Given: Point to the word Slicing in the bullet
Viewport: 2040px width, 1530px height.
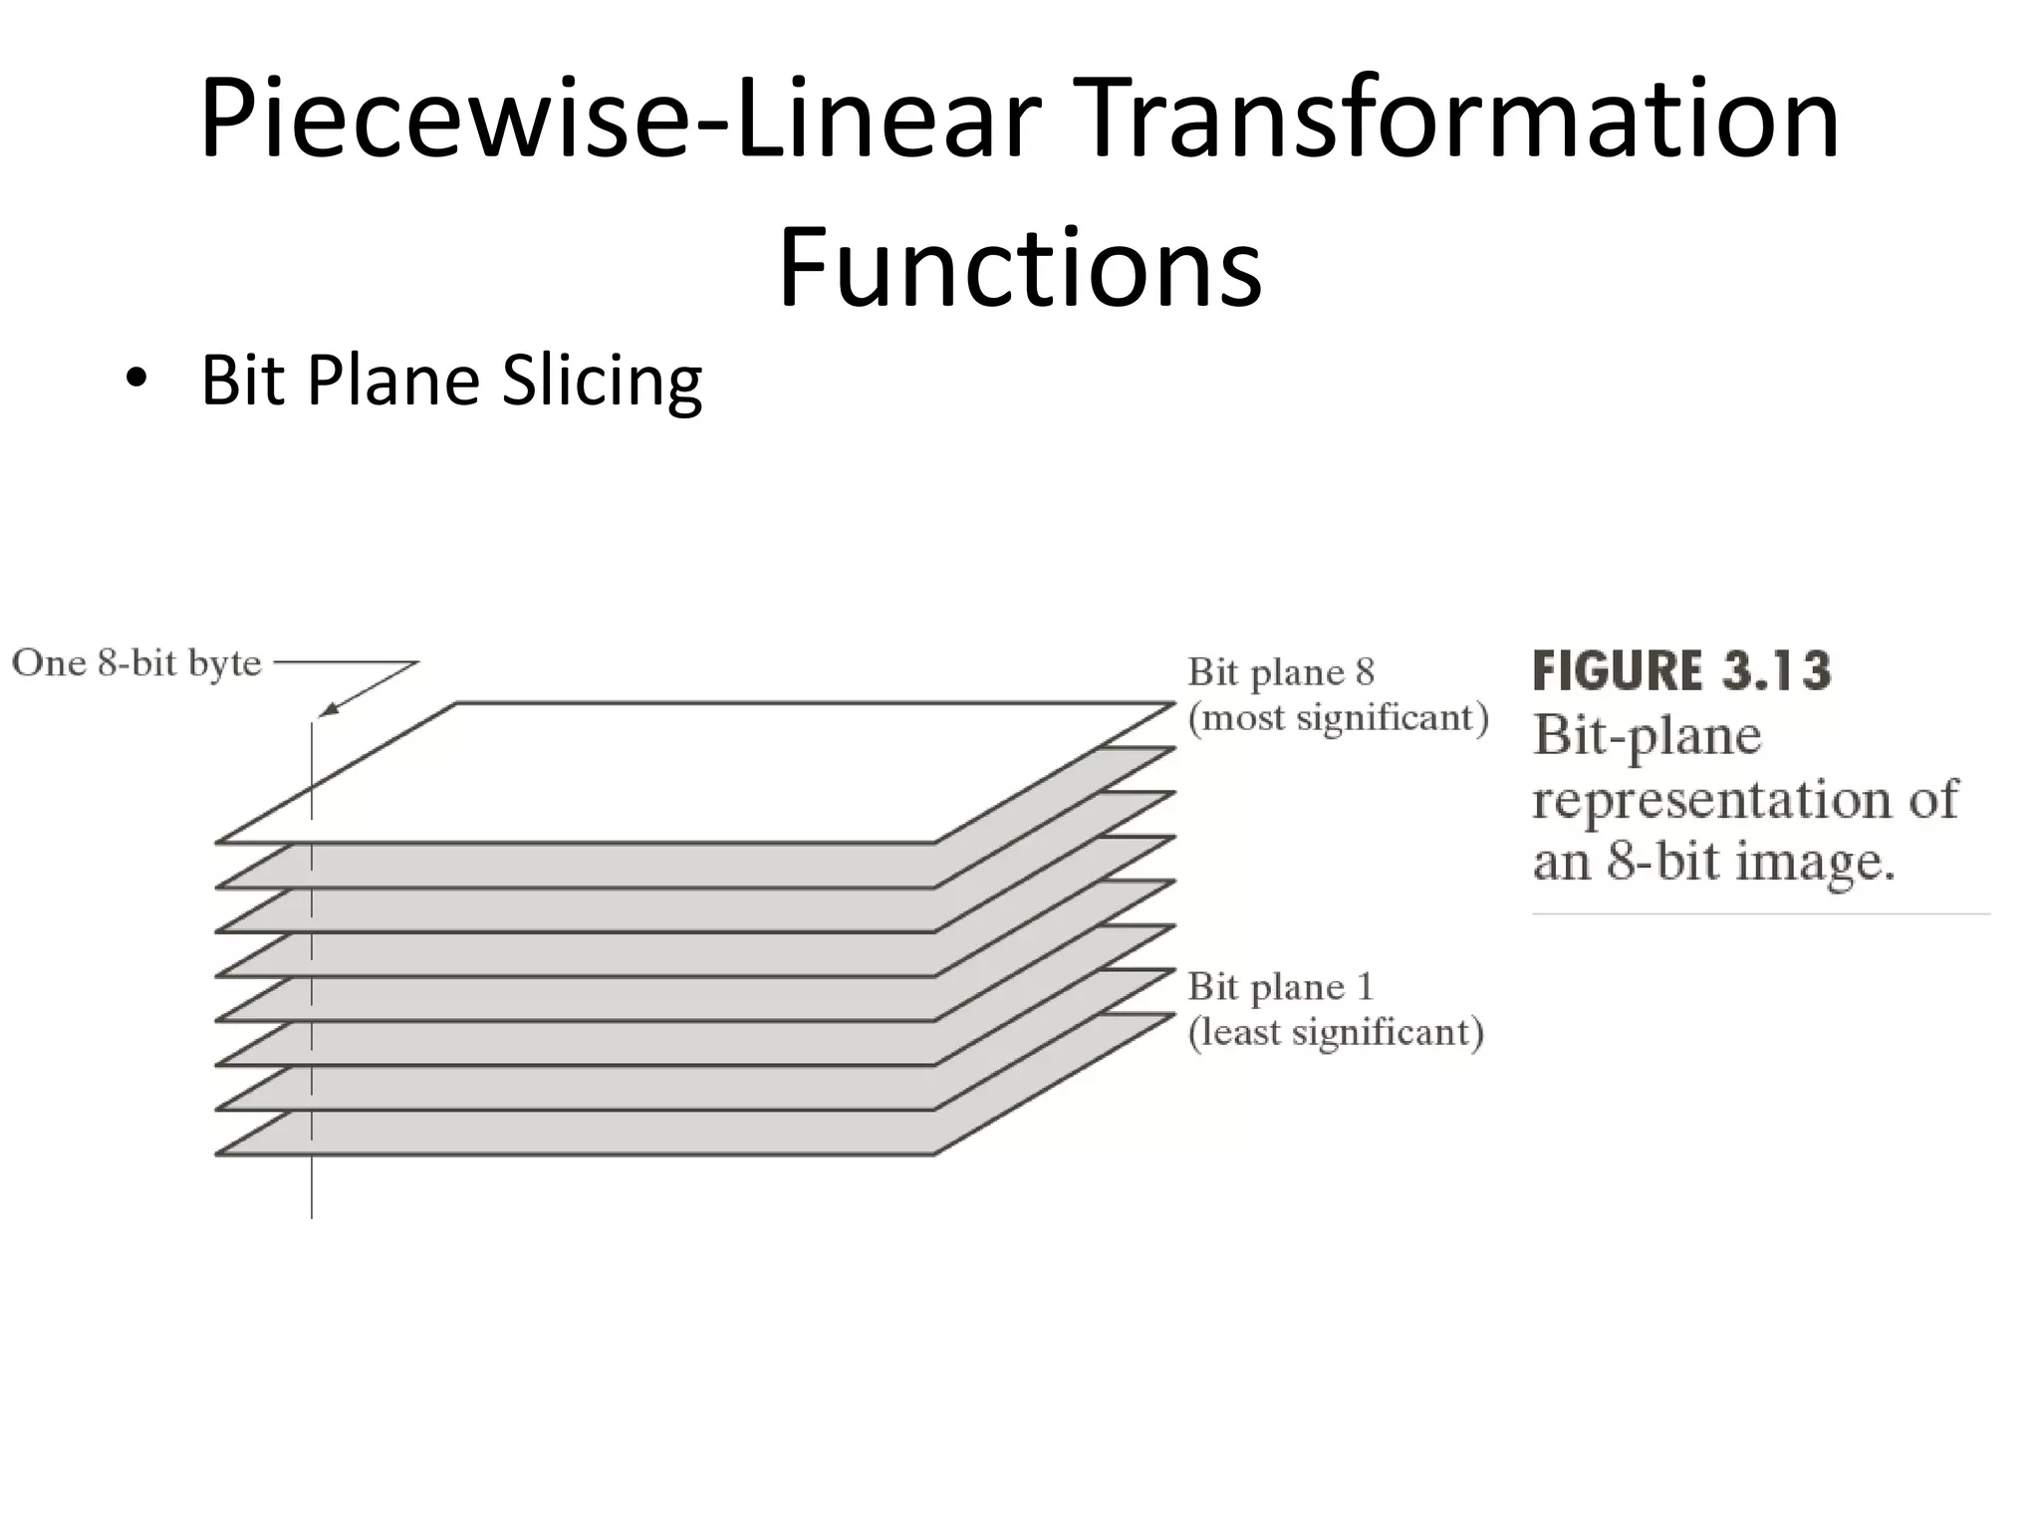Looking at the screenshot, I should point(603,382).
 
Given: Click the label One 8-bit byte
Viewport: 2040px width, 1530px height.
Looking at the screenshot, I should point(136,663).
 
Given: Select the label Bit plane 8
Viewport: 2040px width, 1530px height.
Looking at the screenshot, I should point(1281,672).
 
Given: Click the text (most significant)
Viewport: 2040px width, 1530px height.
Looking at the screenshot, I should point(1338,717).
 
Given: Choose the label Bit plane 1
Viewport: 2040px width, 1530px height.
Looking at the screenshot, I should point(1281,987).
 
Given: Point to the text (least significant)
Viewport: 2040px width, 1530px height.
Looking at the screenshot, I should point(1336,1032).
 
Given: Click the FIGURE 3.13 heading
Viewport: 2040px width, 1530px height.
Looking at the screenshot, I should point(1681,670).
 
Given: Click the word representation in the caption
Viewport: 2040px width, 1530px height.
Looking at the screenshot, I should point(1701,799).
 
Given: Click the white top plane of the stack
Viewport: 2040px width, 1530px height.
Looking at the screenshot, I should point(697,772).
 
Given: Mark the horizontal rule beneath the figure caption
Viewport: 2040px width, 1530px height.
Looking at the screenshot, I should point(1760,912).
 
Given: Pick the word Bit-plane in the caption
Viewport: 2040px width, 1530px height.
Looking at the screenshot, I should point(1648,737).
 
